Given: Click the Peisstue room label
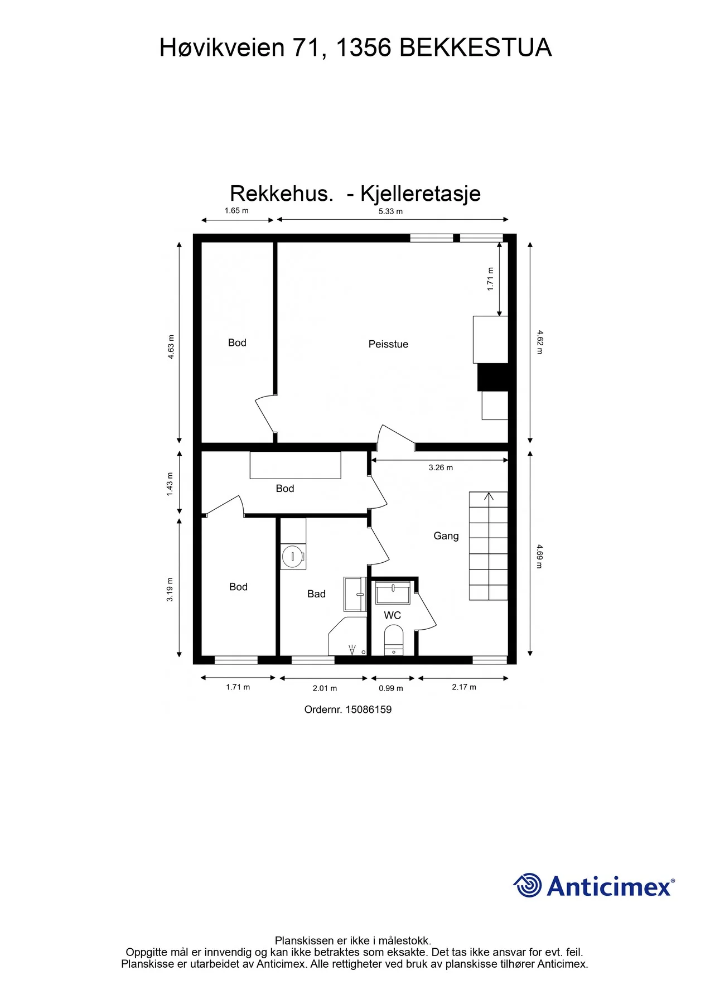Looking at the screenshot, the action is (x=388, y=344).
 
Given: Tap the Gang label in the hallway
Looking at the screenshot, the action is (x=446, y=536).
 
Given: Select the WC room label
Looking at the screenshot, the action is (x=393, y=615).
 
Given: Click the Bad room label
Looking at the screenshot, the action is (x=316, y=594).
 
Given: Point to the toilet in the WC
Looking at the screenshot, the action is (x=394, y=640).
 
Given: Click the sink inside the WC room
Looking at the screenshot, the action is (x=393, y=593).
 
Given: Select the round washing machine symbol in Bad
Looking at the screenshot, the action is (x=292, y=556).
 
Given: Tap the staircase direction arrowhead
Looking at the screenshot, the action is (x=489, y=496).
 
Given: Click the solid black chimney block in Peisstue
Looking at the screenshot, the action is (x=493, y=377).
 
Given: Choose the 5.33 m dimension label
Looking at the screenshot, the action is (x=390, y=211).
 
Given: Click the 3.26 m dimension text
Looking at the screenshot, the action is (x=441, y=467).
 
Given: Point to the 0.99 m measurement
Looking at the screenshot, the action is (x=391, y=688).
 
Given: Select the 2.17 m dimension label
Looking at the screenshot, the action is (x=464, y=687).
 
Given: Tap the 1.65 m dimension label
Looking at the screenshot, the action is (x=236, y=211).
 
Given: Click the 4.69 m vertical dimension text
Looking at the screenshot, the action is (x=539, y=557).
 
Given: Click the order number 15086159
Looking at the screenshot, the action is (x=369, y=709).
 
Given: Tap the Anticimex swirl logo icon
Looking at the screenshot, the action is (x=527, y=885).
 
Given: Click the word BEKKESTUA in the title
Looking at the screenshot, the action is (x=476, y=48).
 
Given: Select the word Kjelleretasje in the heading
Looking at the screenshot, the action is (x=421, y=194).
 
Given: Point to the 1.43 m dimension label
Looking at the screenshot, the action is (x=170, y=484).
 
